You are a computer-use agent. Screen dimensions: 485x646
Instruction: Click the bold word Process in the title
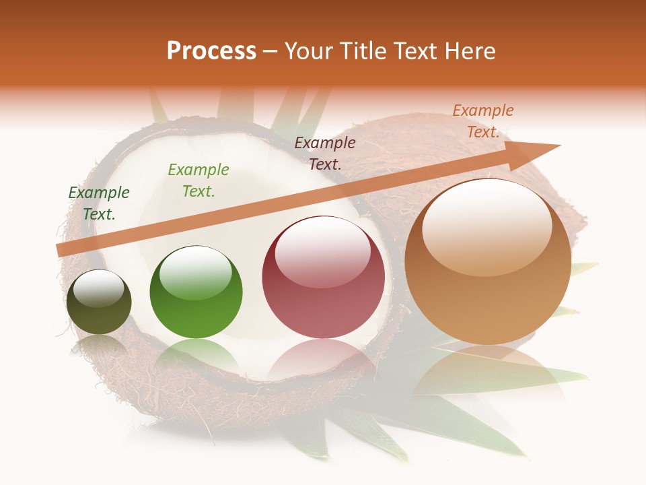[x=211, y=51]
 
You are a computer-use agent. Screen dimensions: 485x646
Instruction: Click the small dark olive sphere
[x=99, y=302]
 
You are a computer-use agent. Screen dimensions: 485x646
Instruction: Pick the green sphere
[x=196, y=293]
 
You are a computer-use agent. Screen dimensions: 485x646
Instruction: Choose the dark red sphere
[x=323, y=278]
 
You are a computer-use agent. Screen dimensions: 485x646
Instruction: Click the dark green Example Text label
[x=99, y=203]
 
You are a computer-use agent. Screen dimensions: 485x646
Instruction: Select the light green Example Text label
[x=199, y=180]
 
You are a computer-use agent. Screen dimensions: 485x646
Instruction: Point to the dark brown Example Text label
[x=325, y=153]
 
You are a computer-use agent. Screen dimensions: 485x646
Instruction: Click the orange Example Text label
[x=483, y=121]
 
